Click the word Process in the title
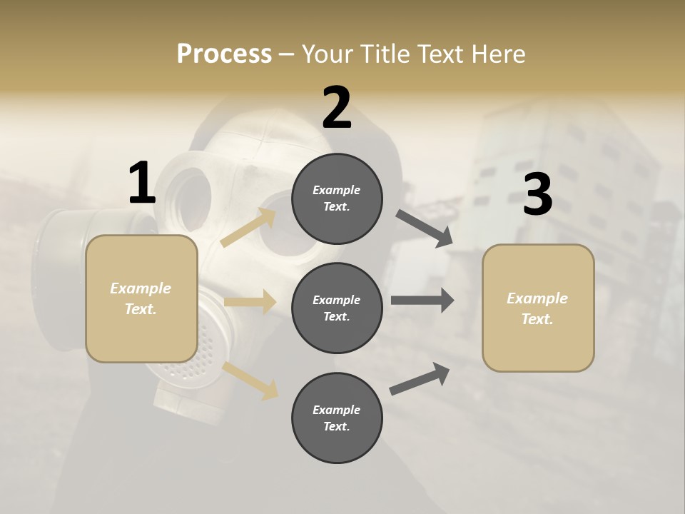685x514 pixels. [224, 54]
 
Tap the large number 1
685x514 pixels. [142, 183]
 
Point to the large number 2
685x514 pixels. [337, 108]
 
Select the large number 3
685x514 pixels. [537, 194]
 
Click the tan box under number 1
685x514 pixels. [141, 298]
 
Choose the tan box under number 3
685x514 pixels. [538, 308]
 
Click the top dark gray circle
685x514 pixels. [337, 198]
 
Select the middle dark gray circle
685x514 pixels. [337, 308]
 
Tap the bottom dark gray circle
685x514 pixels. [337, 418]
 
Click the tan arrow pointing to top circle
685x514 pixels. [249, 227]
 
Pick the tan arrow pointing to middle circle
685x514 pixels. [250, 302]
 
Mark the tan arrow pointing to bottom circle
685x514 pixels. [250, 380]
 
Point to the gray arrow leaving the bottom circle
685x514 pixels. [420, 378]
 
